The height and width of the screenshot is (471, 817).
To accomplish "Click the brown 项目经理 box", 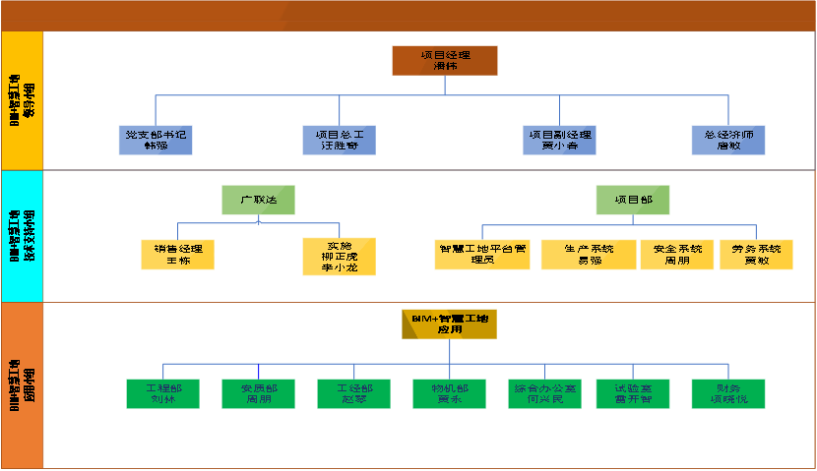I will [445, 61].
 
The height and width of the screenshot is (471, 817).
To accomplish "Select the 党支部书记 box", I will [155, 140].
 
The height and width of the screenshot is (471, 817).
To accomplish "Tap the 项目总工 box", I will [340, 140].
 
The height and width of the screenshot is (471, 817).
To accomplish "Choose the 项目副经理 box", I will [560, 140].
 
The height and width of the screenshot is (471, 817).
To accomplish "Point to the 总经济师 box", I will [728, 140].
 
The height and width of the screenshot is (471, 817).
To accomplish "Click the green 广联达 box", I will [259, 200].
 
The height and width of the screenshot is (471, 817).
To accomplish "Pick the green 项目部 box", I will [633, 200].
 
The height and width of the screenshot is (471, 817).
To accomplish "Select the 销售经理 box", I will [177, 255].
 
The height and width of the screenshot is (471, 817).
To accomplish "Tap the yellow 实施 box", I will [339, 256].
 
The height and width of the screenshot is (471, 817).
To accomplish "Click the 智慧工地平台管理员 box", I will [483, 255].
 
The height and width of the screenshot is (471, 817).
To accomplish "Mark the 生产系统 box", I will [589, 255].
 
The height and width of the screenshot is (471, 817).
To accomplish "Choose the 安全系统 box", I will [676, 255].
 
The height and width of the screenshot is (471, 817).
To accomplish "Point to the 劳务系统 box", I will [756, 255].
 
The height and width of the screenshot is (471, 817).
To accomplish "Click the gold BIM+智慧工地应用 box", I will [449, 324].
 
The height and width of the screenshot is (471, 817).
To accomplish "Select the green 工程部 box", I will [162, 393].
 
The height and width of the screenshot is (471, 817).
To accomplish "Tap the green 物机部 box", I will [449, 393].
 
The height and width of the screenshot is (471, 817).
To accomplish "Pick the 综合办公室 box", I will [544, 393].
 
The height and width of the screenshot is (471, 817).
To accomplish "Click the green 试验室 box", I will [633, 393].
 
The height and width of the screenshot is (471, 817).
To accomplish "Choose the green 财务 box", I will [728, 393].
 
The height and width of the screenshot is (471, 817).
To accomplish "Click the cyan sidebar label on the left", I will [22, 235].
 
